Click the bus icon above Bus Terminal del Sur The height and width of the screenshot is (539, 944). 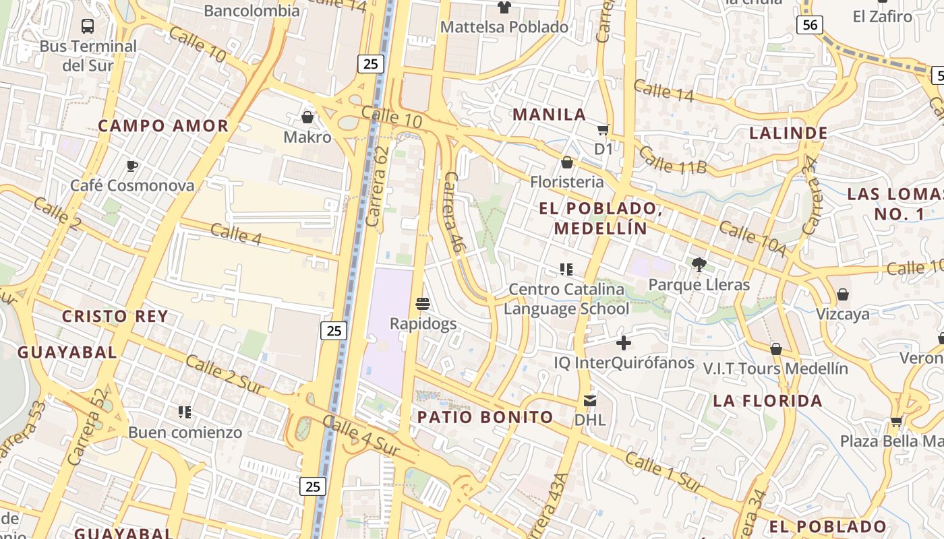tap(88, 26)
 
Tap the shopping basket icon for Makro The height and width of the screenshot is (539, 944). tap(307, 117)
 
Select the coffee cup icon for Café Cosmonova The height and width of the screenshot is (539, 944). tap(132, 166)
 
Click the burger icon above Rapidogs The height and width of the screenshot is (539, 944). tap(423, 304)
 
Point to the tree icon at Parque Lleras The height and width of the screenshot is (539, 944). tap(699, 265)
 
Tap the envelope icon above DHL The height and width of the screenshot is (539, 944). tap(590, 400)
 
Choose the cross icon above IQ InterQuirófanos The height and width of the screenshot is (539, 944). tap(624, 343)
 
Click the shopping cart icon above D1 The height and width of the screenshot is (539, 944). tap(603, 129)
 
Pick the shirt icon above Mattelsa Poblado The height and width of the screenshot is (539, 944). tap(504, 7)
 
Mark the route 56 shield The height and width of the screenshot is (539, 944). tap(810, 26)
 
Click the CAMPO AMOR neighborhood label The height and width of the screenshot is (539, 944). tap(163, 126)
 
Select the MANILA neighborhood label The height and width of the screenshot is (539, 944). tap(549, 115)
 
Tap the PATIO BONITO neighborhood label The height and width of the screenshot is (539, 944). tap(485, 417)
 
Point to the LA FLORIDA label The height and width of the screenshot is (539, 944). tap(767, 401)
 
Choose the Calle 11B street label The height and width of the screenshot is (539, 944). tap(672, 160)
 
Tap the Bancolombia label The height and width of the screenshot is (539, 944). tap(252, 11)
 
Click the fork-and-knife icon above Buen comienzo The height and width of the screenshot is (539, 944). tap(185, 412)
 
